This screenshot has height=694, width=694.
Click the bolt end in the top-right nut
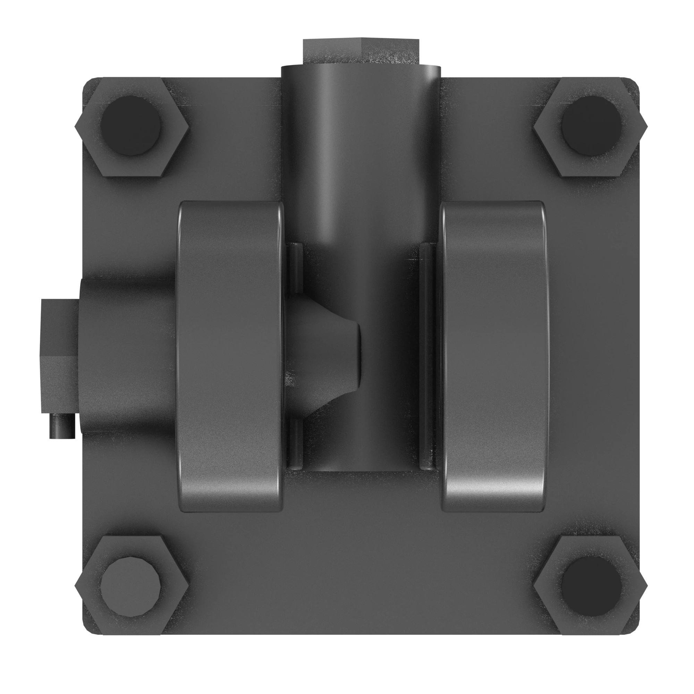[x=590, y=125]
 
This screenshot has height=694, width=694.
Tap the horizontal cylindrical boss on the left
[x=126, y=356]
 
